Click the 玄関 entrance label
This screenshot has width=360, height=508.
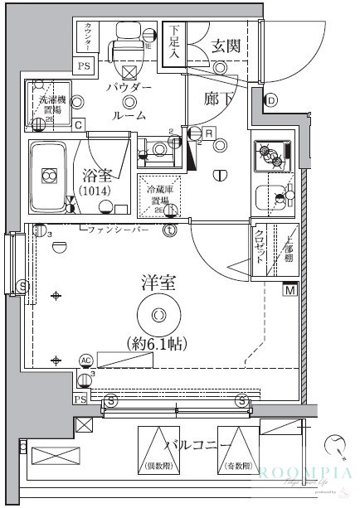click(224, 46)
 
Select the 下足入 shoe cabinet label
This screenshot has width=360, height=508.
click(173, 41)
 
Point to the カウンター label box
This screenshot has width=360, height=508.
click(87, 36)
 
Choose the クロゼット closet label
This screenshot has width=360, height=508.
click(260, 246)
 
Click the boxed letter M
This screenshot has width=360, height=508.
click(290, 289)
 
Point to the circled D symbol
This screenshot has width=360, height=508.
click(270, 101)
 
